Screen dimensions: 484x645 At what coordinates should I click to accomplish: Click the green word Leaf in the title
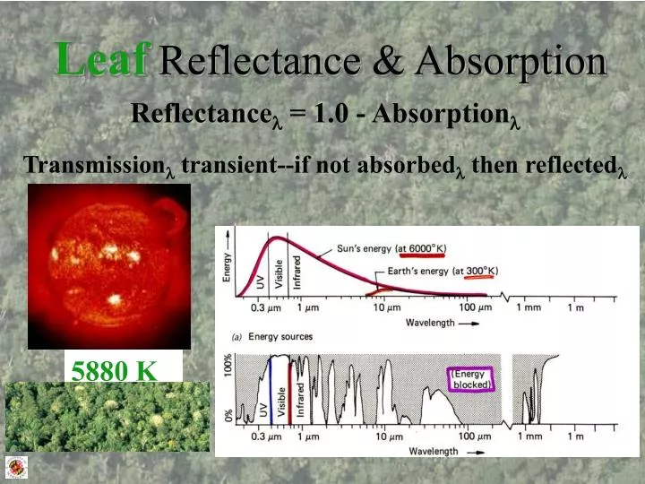(100, 59)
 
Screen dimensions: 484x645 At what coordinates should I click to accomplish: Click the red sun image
(109, 266)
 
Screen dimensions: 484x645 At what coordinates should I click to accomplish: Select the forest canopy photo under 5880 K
(107, 416)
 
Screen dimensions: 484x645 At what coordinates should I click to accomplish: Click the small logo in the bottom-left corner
(17, 465)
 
